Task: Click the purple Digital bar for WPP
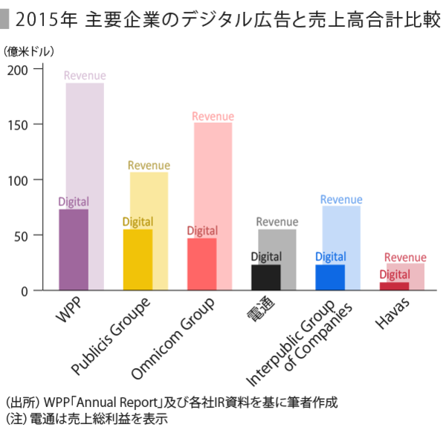coord(74,250)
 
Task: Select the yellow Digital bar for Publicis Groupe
coord(138,260)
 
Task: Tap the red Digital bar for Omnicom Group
coord(201,264)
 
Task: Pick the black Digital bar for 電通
coord(266,277)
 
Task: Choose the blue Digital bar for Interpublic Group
coord(330,277)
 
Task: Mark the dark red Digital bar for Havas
coord(394,286)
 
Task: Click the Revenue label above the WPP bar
coord(85,75)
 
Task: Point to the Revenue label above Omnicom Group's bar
coord(213,116)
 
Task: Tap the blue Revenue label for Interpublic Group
coord(341,199)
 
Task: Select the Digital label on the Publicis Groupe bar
coord(138,222)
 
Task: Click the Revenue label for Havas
coord(405,257)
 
